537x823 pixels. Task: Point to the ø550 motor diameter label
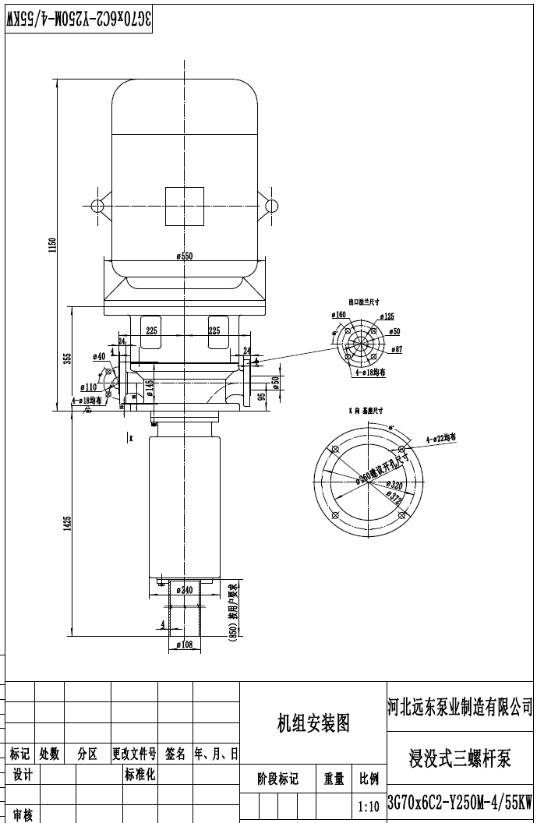click(184, 256)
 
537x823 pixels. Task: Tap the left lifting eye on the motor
click(97, 206)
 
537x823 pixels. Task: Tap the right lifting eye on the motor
click(271, 206)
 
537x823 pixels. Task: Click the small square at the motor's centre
click(184, 206)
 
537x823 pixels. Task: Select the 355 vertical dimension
click(68, 358)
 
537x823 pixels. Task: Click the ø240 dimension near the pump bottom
click(185, 590)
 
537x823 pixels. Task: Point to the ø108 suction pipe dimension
click(185, 645)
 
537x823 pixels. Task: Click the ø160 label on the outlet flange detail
click(338, 315)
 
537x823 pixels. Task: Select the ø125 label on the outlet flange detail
click(387, 316)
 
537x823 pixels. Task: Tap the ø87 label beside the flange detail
click(396, 350)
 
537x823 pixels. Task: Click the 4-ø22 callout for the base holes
click(440, 440)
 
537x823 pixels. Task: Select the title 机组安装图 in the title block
click(314, 724)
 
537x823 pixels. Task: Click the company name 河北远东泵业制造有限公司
click(460, 707)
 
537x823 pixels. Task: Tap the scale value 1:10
click(368, 805)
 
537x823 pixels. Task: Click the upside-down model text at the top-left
click(78, 20)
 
